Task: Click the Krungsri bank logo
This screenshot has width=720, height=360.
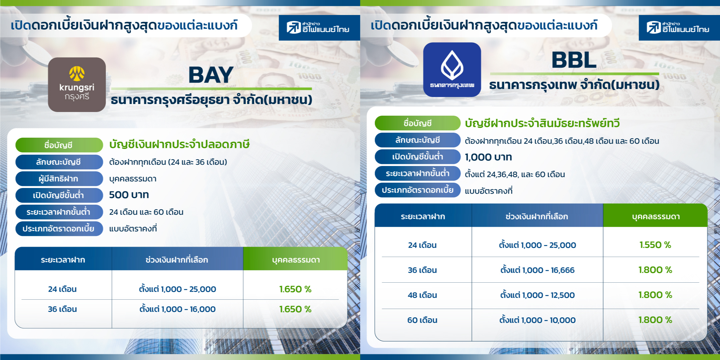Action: [x=77, y=85]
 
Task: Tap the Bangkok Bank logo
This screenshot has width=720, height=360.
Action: [x=452, y=70]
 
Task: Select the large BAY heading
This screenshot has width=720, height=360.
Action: [x=211, y=75]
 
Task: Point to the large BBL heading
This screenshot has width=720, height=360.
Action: [x=574, y=60]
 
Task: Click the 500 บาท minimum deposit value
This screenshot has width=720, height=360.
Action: [x=129, y=195]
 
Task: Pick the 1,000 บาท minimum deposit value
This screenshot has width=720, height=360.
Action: [x=488, y=157]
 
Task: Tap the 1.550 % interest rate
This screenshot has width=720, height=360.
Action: [x=655, y=245]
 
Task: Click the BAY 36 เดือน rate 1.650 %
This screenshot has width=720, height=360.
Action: [x=295, y=309]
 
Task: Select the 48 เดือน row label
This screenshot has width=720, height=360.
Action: [x=422, y=295]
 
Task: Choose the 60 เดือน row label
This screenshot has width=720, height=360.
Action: [x=422, y=320]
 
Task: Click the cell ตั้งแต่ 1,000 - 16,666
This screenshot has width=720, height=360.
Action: [x=537, y=270]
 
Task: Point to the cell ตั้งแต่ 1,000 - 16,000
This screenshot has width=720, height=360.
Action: [x=177, y=309]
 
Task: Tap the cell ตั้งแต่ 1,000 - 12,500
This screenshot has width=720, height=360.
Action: [x=537, y=295]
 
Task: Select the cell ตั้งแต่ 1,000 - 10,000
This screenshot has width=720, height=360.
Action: [x=537, y=320]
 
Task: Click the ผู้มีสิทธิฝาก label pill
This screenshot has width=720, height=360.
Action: [x=59, y=179]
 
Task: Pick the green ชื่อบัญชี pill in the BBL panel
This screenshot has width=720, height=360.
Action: [x=418, y=123]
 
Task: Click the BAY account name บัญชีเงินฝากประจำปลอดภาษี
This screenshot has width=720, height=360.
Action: [x=179, y=144]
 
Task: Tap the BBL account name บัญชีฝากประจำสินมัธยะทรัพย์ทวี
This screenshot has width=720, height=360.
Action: [x=542, y=123]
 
